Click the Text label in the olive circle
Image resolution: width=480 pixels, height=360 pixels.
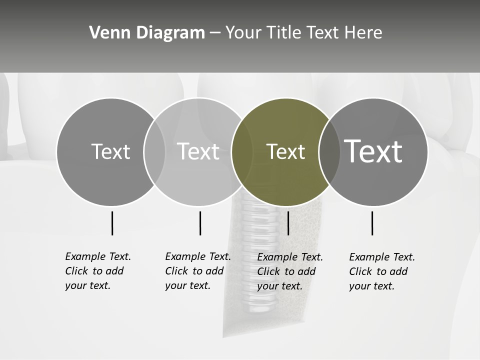pos(285,152)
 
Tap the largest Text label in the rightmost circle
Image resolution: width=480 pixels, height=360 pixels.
pos(373,151)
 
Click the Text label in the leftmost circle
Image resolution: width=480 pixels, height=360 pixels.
pos(110,152)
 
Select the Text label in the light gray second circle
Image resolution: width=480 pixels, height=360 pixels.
pos(198,151)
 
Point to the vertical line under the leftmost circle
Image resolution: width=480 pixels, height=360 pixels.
pos(112,223)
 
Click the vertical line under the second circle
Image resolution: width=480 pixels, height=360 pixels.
pos(200,223)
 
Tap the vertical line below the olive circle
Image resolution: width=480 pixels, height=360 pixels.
pos(288,223)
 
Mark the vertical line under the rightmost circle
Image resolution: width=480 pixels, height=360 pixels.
pos(372,223)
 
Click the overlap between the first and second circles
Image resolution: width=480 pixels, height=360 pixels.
pos(154,151)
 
